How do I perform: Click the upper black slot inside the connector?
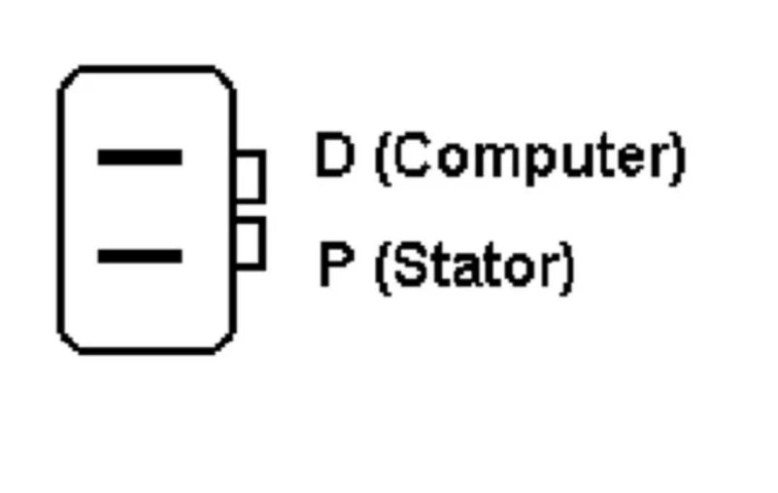point(140,158)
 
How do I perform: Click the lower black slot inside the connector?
point(140,256)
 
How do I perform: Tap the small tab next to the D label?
point(250,176)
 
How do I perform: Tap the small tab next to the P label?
point(250,243)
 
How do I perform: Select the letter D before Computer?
point(335,154)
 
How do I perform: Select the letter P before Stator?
point(336,264)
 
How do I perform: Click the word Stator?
point(474,264)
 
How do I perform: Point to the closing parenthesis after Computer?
point(678,159)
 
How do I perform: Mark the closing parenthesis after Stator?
point(566,268)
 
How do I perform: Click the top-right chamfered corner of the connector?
point(224,78)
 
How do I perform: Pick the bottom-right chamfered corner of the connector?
point(224,343)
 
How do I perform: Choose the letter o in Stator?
point(519,270)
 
